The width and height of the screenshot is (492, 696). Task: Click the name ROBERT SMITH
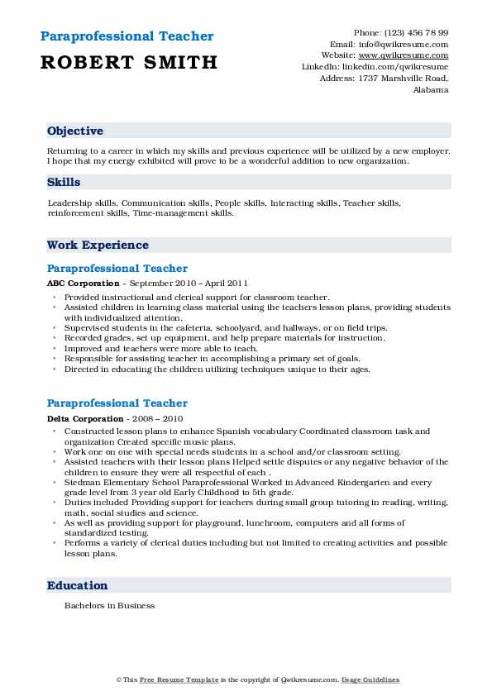[x=129, y=62]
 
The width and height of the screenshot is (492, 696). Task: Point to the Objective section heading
[x=75, y=131]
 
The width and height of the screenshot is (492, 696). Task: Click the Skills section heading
[x=64, y=181]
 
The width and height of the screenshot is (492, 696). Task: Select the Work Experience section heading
[x=98, y=246]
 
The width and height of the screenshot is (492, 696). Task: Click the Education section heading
[x=78, y=586]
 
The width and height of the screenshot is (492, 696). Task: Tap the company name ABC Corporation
[x=83, y=284]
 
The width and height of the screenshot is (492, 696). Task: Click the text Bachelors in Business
[x=109, y=606]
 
